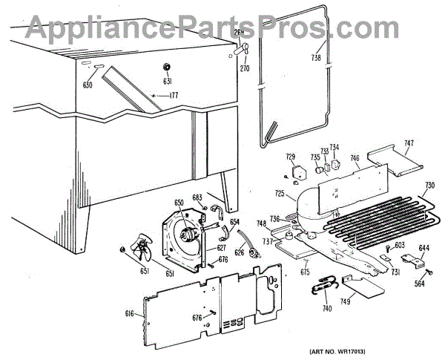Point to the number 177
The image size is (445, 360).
coord(174,96)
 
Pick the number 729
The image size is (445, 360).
coord(291,157)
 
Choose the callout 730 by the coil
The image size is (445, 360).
coord(429,185)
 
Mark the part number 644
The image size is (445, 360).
coord(424,249)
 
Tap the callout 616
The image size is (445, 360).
coord(129,314)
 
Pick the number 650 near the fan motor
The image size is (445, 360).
coord(178,203)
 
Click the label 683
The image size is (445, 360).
coord(197,197)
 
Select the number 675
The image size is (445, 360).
coord(305,272)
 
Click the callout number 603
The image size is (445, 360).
coord(399,246)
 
